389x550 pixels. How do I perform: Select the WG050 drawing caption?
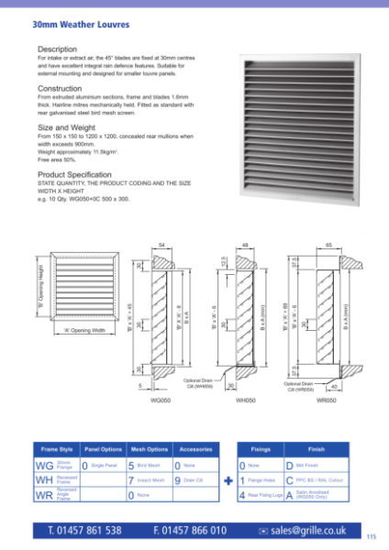[x=161, y=401]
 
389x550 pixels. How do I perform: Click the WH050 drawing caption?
[x=246, y=401]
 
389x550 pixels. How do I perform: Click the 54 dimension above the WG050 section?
[x=161, y=247]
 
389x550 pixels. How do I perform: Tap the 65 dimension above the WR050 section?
[x=329, y=247]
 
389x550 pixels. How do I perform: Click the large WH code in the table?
[x=44, y=479]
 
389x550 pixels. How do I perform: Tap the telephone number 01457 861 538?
[x=84, y=530]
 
